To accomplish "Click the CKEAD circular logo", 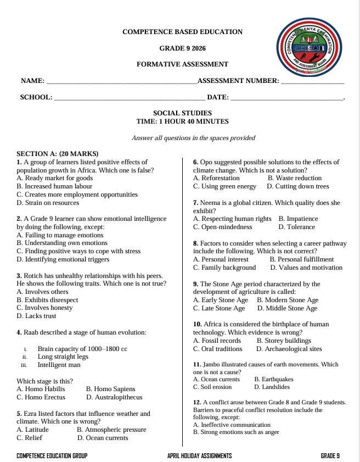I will pos(309,48).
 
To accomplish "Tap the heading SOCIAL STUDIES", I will pos(182,113).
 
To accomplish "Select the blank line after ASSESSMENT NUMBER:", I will pos(312,82).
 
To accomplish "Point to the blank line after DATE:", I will pos(286,98).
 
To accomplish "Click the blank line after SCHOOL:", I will pos(130,98).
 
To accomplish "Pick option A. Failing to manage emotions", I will pos(60,235).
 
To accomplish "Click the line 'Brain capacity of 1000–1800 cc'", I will pos(82,349).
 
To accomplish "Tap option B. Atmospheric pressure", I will pos(111,430).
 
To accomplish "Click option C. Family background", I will pos(224,268).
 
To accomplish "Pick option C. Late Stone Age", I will pos(219,308).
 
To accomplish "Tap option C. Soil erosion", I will pos(216,387).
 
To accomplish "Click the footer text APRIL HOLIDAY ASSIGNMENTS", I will pos(200,456).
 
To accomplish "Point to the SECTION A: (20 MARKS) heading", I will pos(58,154).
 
